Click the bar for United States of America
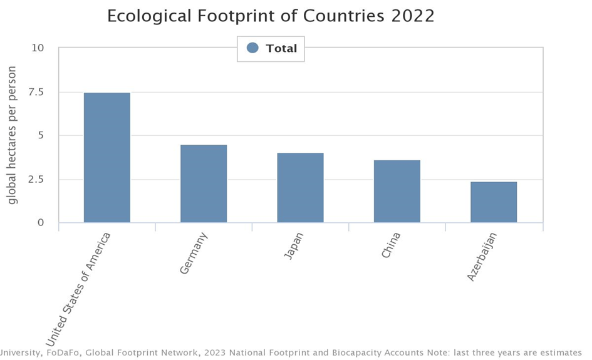[107, 158]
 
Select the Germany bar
[204, 184]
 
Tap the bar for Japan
[300, 188]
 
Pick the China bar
[397, 192]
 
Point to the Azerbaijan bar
[494, 202]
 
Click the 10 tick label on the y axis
[38, 48]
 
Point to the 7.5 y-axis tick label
[35, 92]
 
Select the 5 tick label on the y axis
[41, 136]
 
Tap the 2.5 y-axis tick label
[35, 180]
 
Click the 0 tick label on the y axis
[41, 223]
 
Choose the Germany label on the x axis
[193, 253]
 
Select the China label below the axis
[390, 245]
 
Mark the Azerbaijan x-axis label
[482, 257]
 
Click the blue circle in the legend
[252, 48]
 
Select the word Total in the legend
[281, 49]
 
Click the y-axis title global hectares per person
[13, 136]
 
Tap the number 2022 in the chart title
[413, 16]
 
